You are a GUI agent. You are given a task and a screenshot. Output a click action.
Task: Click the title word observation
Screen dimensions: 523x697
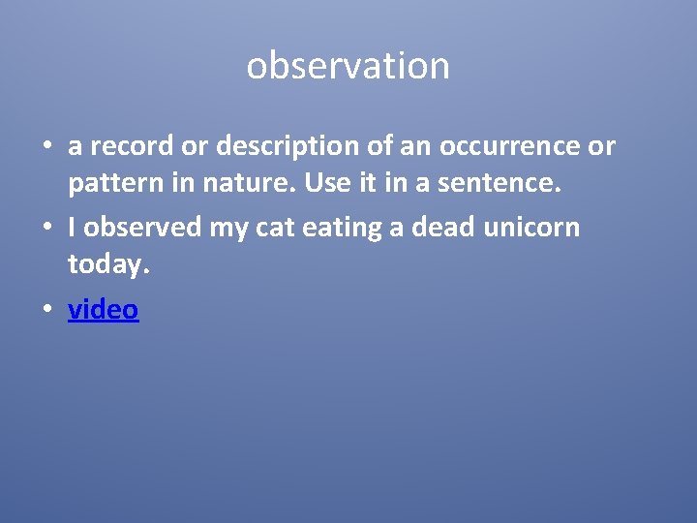(348, 66)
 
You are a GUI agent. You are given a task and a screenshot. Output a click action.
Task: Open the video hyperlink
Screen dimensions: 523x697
(104, 310)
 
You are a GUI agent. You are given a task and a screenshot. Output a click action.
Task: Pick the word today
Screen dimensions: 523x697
(109, 263)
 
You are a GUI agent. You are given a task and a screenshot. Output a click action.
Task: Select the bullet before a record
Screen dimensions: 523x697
(46, 147)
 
